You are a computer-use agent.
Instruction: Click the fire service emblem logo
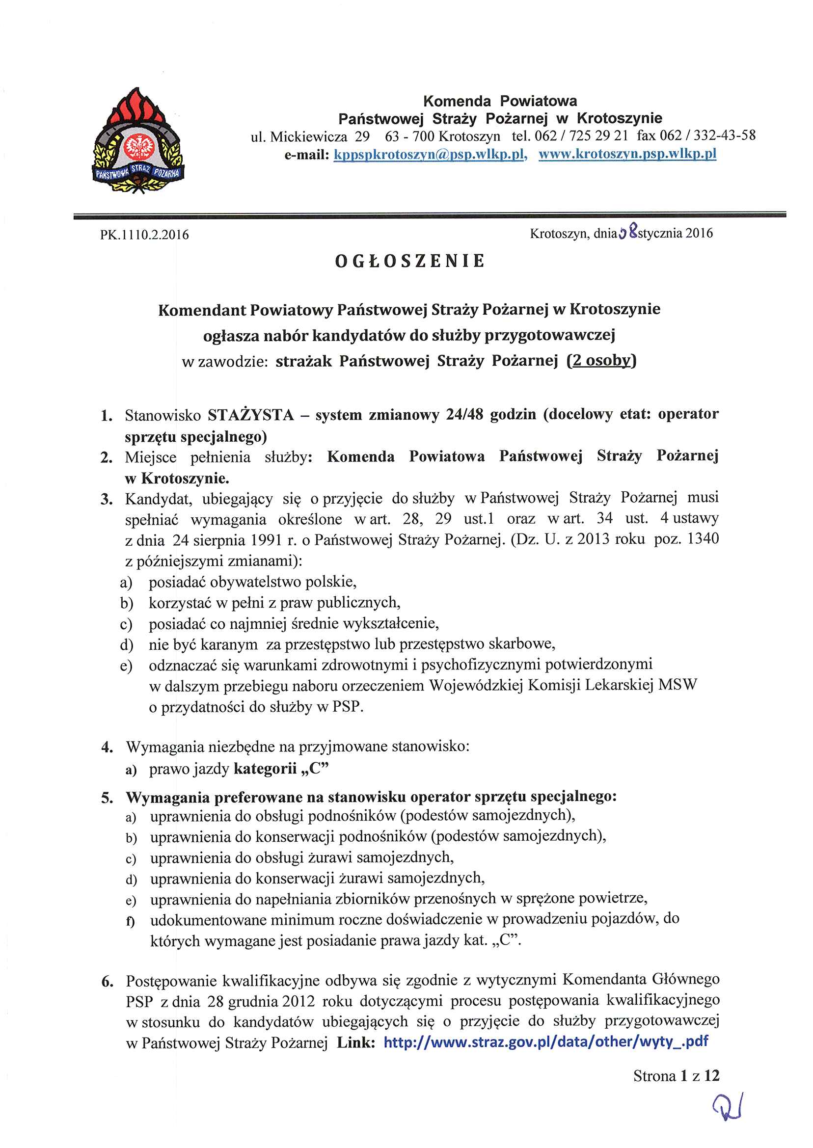coord(138,142)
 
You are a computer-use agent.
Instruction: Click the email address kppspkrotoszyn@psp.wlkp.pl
coord(430,155)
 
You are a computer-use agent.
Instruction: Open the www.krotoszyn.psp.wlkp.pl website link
coord(627,154)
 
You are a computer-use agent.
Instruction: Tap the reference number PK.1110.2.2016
coord(144,235)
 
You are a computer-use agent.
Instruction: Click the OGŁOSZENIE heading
coord(410,261)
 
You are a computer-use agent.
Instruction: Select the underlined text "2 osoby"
coord(601,361)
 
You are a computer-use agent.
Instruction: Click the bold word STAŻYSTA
coord(251,415)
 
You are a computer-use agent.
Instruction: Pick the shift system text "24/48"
coord(464,414)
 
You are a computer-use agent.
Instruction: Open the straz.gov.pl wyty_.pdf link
coord(545,1042)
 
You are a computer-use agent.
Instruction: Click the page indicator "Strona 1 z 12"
coord(676,1075)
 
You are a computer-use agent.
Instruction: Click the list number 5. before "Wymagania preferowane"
coord(107,798)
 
